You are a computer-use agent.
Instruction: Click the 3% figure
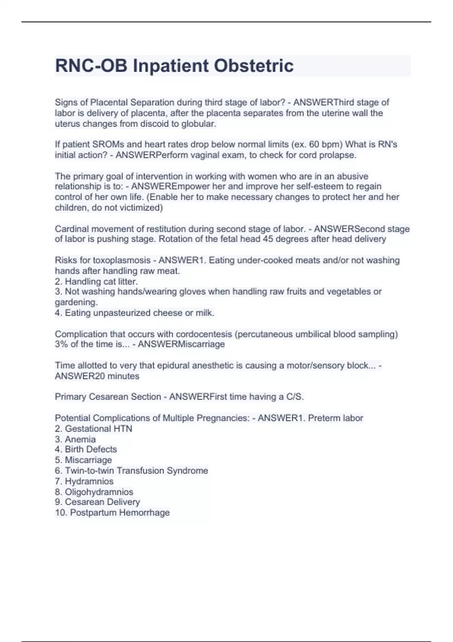[61, 344]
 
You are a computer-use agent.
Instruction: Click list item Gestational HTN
[98, 429]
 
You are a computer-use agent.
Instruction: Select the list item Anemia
[80, 439]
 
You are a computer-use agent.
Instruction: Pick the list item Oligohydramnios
[99, 492]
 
